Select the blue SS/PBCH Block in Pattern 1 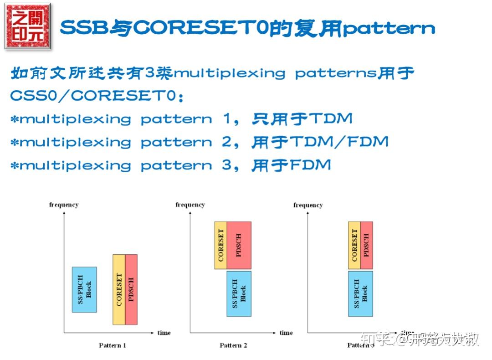84,290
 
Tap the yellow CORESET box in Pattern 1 119,290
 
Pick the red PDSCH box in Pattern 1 131,290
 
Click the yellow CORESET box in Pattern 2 221,245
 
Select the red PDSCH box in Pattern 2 239,245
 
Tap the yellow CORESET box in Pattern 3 354,242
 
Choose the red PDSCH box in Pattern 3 367,242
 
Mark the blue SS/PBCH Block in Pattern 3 360,294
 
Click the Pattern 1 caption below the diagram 113,345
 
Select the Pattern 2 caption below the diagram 233,345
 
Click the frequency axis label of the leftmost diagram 64,205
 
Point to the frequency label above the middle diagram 190,205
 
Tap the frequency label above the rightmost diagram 308,205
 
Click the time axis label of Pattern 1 164,333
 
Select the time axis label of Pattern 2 286,333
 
